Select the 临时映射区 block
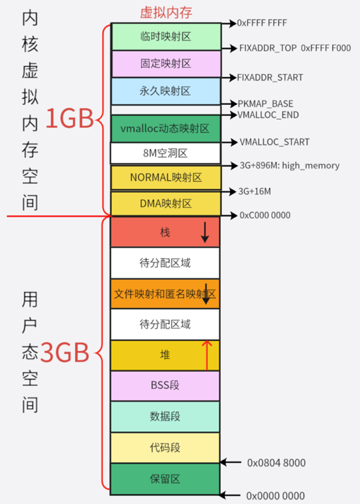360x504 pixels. pos(165,36)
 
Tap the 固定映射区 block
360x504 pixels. pos(165,63)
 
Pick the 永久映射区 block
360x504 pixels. pos(165,91)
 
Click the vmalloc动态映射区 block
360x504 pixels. pos(165,128)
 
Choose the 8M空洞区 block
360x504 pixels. pos(165,153)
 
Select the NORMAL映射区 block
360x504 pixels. pos(165,178)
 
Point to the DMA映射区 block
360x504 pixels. pos(165,203)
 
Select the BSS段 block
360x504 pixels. pos(165,385)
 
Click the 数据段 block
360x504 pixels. pos(165,416)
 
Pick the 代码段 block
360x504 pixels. pos(165,448)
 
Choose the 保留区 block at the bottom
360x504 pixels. pos(165,479)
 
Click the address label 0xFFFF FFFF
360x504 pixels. pos(262,24)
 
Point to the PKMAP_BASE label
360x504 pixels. pos(265,104)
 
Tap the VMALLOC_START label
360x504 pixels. pos(274,142)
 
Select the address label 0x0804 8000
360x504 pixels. pos(276,463)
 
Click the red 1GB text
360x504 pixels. pos(69,119)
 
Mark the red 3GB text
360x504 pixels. pos(66,353)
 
